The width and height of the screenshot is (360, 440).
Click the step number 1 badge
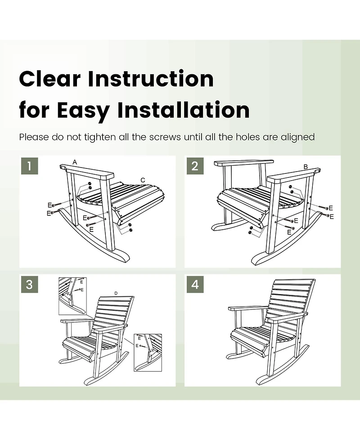tap(29, 166)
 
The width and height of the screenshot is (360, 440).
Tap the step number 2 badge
tap(194, 166)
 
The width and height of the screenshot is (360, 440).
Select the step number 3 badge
tap(29, 285)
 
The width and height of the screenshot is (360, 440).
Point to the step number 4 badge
tap(194, 285)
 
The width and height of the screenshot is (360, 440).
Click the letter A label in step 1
tap(75, 162)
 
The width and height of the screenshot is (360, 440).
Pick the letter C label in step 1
tap(143, 180)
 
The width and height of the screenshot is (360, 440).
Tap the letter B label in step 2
tap(306, 167)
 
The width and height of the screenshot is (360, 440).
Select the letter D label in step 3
tap(116, 293)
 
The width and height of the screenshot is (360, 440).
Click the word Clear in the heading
tap(49, 79)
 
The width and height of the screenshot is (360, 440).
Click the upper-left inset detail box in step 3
tap(72, 295)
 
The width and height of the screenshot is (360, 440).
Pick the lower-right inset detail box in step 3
tap(148, 352)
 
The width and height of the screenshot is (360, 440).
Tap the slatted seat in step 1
tap(119, 196)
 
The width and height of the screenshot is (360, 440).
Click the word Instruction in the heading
tap(151, 79)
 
